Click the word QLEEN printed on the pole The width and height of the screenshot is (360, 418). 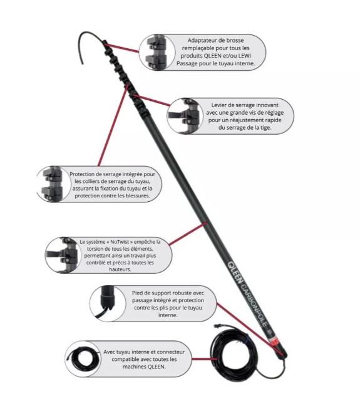coord(235,273)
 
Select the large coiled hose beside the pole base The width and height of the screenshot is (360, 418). coord(234,352)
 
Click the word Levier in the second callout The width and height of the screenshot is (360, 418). coord(220,105)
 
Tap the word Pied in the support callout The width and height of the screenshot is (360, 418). coord(137,293)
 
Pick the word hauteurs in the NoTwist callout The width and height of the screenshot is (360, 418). coord(120,269)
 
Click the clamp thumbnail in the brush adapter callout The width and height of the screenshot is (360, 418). coord(156,53)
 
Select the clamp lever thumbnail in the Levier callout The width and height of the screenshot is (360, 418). coord(185,116)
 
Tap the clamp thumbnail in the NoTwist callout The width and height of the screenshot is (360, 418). coord(63,255)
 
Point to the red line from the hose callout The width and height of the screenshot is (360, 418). coord(202,359)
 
